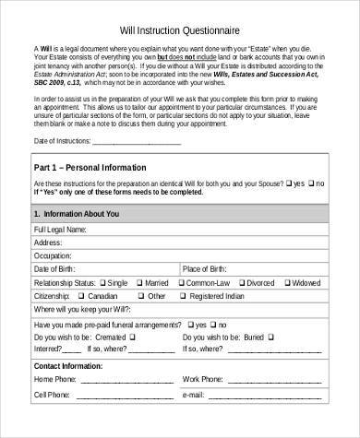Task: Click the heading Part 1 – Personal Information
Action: point(90,168)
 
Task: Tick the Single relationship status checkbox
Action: point(103,282)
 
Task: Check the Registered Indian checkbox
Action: point(181,297)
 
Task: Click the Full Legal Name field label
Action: point(62,228)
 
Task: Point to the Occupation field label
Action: point(54,255)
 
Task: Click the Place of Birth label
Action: point(210,268)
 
